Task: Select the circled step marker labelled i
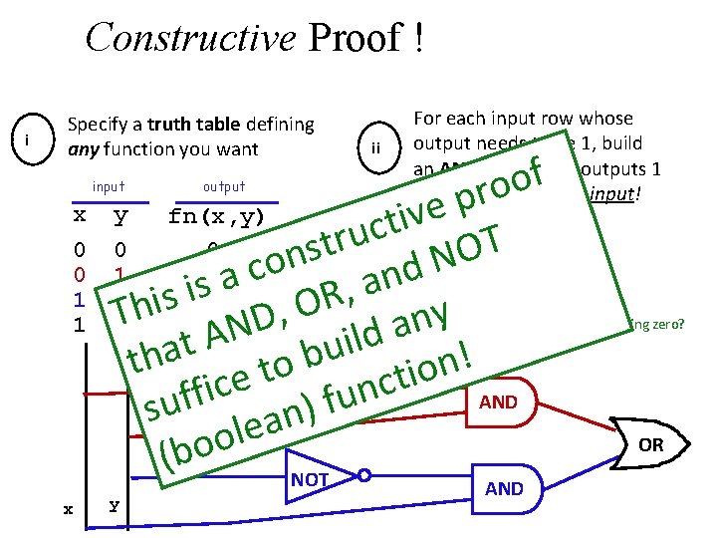[x=31, y=140]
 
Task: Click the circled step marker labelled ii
[x=376, y=147]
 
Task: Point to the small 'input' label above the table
[x=109, y=186]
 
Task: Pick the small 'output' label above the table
[x=223, y=186]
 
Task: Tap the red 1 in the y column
[x=119, y=273]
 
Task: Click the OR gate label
[x=650, y=444]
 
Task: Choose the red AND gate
[x=498, y=403]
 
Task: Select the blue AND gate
[x=503, y=488]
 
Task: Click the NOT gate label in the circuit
[x=310, y=479]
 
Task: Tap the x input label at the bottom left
[x=68, y=509]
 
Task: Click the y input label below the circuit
[x=114, y=504]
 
